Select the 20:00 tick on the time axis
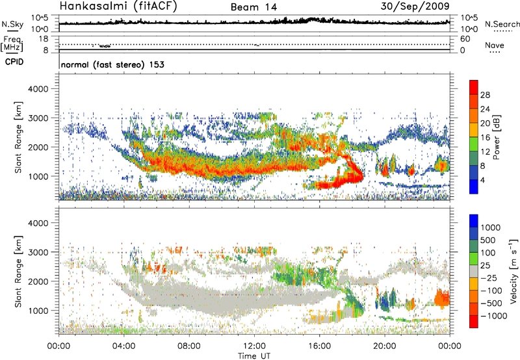pyautogui.click(x=384, y=345)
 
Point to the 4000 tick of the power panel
pyautogui.click(x=43, y=88)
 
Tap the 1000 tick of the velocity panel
pyautogui.click(x=43, y=311)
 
